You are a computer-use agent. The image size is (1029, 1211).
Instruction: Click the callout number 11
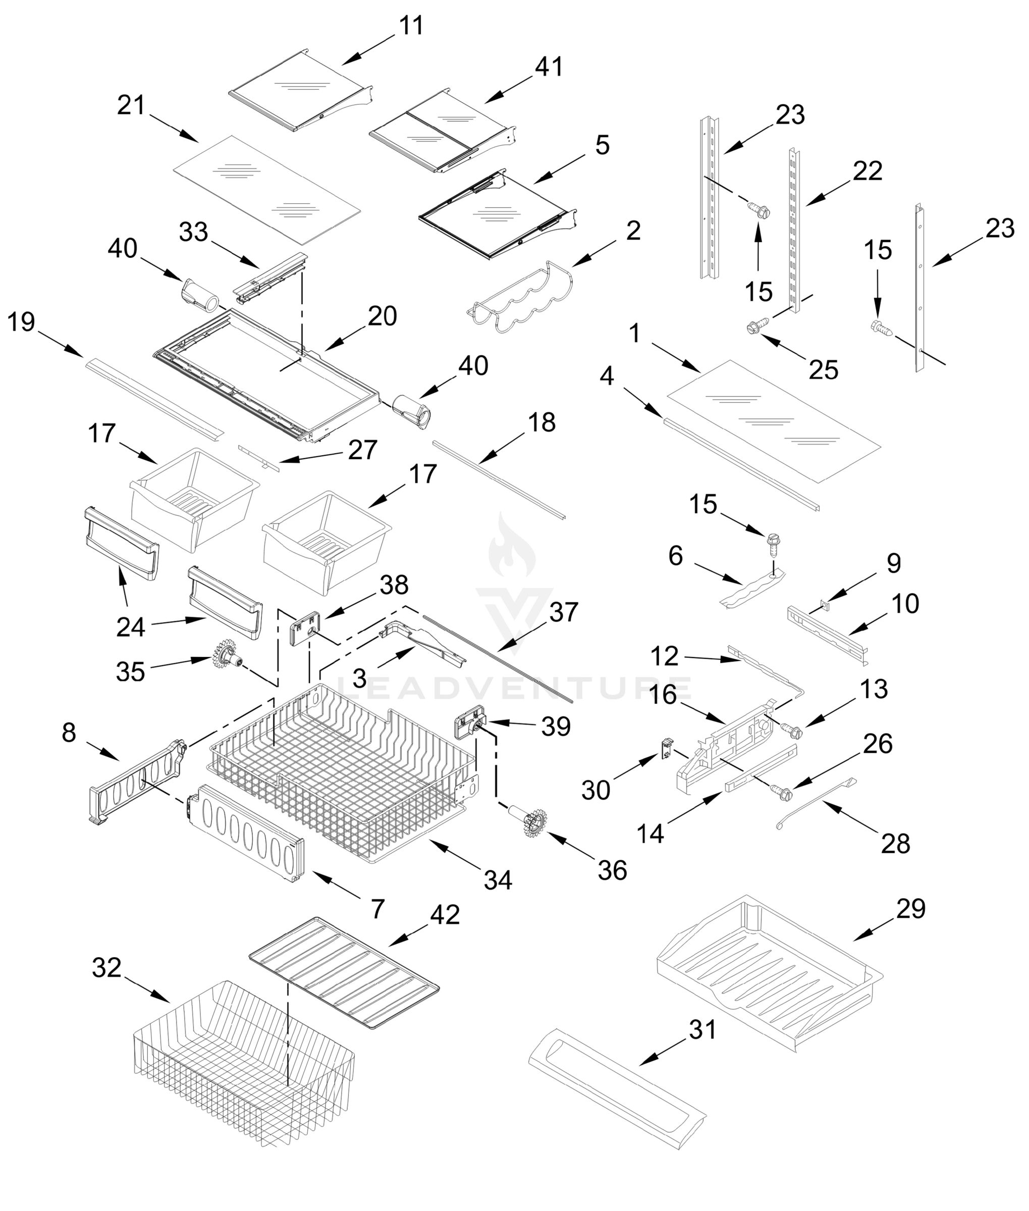click(x=412, y=26)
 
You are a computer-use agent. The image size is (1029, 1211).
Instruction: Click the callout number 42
click(x=445, y=915)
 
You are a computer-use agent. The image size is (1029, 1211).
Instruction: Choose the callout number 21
click(x=131, y=105)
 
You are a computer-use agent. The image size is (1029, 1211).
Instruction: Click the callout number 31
click(x=702, y=1030)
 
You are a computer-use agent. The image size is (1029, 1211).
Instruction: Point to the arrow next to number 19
click(x=64, y=345)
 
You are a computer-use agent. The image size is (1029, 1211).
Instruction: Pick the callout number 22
click(x=867, y=171)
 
